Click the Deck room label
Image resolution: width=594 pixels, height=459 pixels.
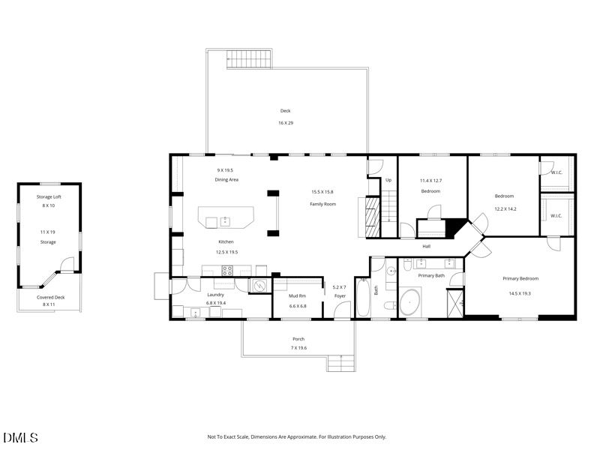(x=285, y=111)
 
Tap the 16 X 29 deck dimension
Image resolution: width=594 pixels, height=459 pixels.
(x=286, y=123)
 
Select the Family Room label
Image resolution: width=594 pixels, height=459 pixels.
(x=322, y=204)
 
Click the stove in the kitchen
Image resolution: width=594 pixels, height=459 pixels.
(x=227, y=271)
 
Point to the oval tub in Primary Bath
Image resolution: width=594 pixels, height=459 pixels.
(x=410, y=302)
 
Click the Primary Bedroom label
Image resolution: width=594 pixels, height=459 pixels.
(x=520, y=279)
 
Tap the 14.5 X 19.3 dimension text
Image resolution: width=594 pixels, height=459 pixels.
(x=520, y=293)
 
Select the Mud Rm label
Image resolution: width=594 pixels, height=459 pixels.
(x=298, y=295)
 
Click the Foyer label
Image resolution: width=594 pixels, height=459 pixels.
(x=340, y=296)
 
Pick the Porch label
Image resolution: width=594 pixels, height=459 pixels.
(x=298, y=339)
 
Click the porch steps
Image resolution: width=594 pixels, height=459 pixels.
(x=341, y=363)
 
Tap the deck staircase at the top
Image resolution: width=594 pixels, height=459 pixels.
(x=249, y=59)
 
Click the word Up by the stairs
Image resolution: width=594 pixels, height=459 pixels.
(x=388, y=180)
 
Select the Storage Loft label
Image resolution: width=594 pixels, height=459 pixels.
(x=49, y=197)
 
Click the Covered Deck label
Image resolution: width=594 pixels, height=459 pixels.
(x=51, y=298)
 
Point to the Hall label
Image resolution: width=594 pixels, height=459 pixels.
(x=427, y=247)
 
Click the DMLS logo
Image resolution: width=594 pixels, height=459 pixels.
(x=20, y=438)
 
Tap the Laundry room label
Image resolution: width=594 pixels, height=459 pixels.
(x=215, y=295)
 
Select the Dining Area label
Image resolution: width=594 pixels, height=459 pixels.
(x=226, y=180)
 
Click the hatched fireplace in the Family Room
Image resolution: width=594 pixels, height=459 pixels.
(x=373, y=217)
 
